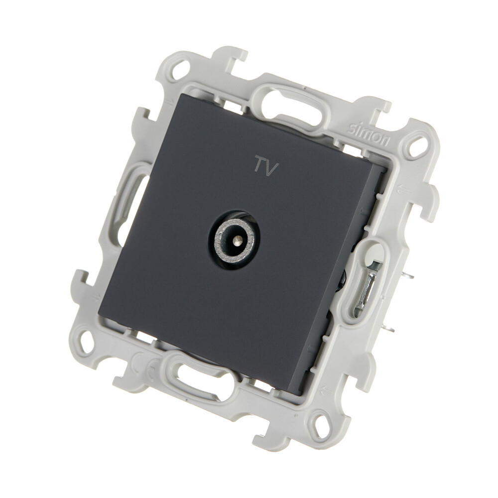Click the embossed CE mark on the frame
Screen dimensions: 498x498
(x=144, y=367)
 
